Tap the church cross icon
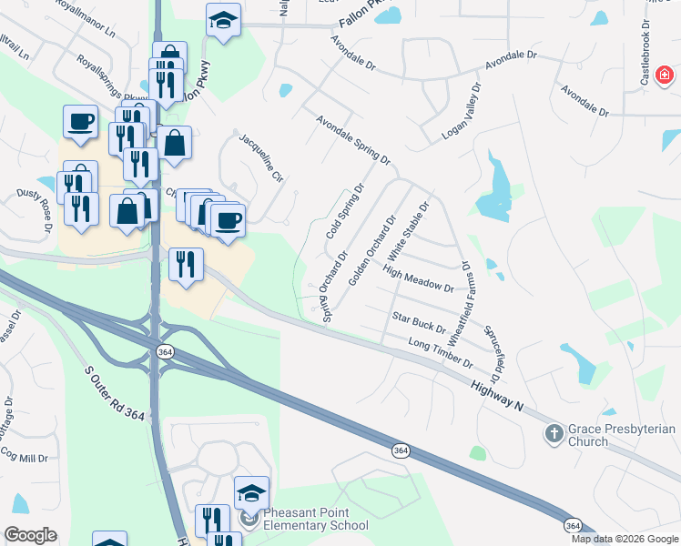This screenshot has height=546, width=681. (x=553, y=434)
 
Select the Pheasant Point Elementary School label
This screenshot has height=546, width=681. (x=316, y=519)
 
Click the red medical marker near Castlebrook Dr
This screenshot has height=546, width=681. (x=666, y=74)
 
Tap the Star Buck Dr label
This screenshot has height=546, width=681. (x=419, y=322)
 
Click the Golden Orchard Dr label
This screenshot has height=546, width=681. (x=372, y=248)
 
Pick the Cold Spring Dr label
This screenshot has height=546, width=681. (x=345, y=211)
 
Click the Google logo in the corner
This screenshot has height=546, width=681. (x=30, y=535)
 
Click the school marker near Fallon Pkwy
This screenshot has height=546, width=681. (x=221, y=21)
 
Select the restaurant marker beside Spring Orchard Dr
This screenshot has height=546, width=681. (x=186, y=266)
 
